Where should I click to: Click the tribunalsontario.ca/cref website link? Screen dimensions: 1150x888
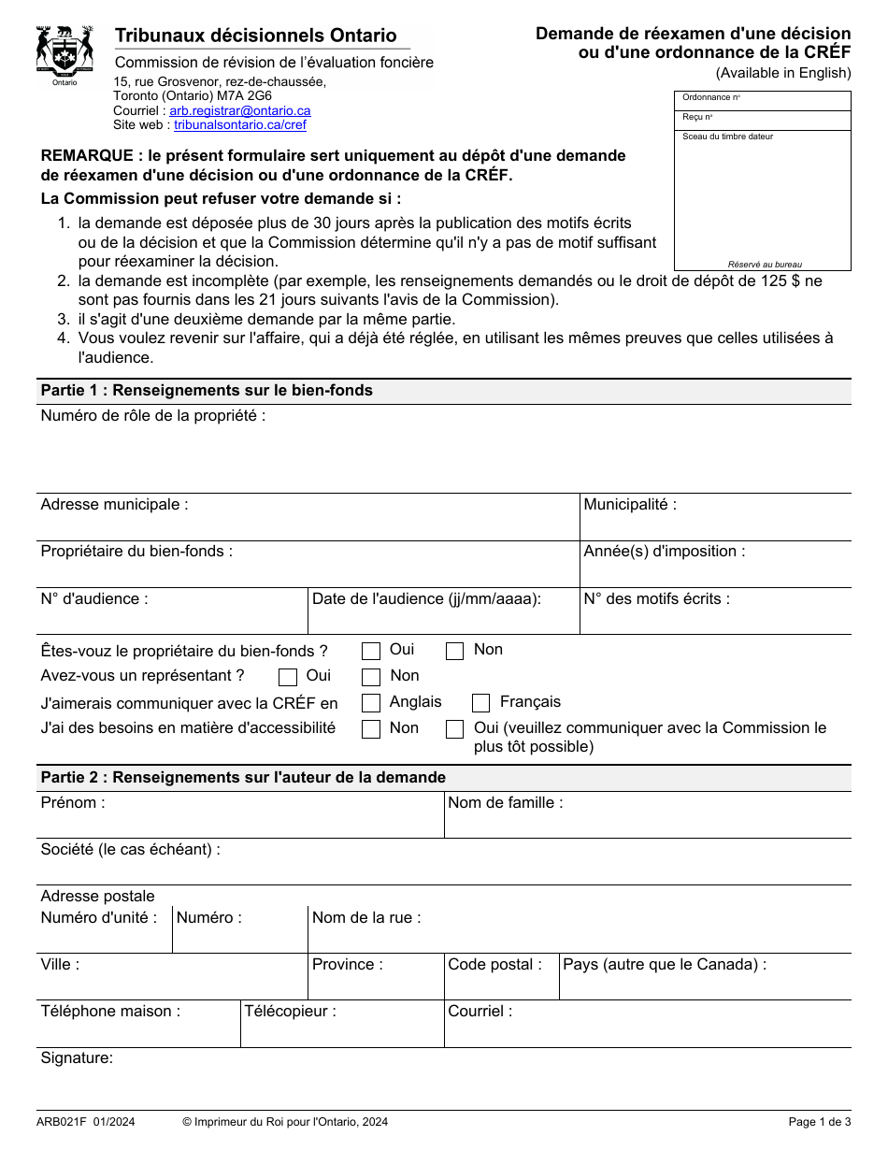239,124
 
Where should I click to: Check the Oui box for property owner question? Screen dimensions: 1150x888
371,652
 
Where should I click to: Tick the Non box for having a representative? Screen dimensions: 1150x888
371,678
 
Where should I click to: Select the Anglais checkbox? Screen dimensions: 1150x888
371,704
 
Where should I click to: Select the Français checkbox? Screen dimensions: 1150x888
481,704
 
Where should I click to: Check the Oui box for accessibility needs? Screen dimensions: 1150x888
455,730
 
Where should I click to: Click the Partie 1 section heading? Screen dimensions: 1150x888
206,391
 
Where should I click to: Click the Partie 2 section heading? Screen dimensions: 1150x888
243,778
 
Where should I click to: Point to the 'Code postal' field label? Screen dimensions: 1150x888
494,965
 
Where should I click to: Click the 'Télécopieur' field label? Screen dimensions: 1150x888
290,1012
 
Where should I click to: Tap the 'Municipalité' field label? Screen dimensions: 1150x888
630,505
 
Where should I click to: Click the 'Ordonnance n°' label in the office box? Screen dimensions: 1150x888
711,97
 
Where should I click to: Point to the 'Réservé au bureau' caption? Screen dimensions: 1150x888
765,265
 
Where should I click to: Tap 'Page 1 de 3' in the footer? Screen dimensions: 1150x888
820,1122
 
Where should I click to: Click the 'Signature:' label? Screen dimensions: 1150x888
77,1058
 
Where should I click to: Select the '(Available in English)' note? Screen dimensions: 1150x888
783,73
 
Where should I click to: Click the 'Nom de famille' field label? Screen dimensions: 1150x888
505,803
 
